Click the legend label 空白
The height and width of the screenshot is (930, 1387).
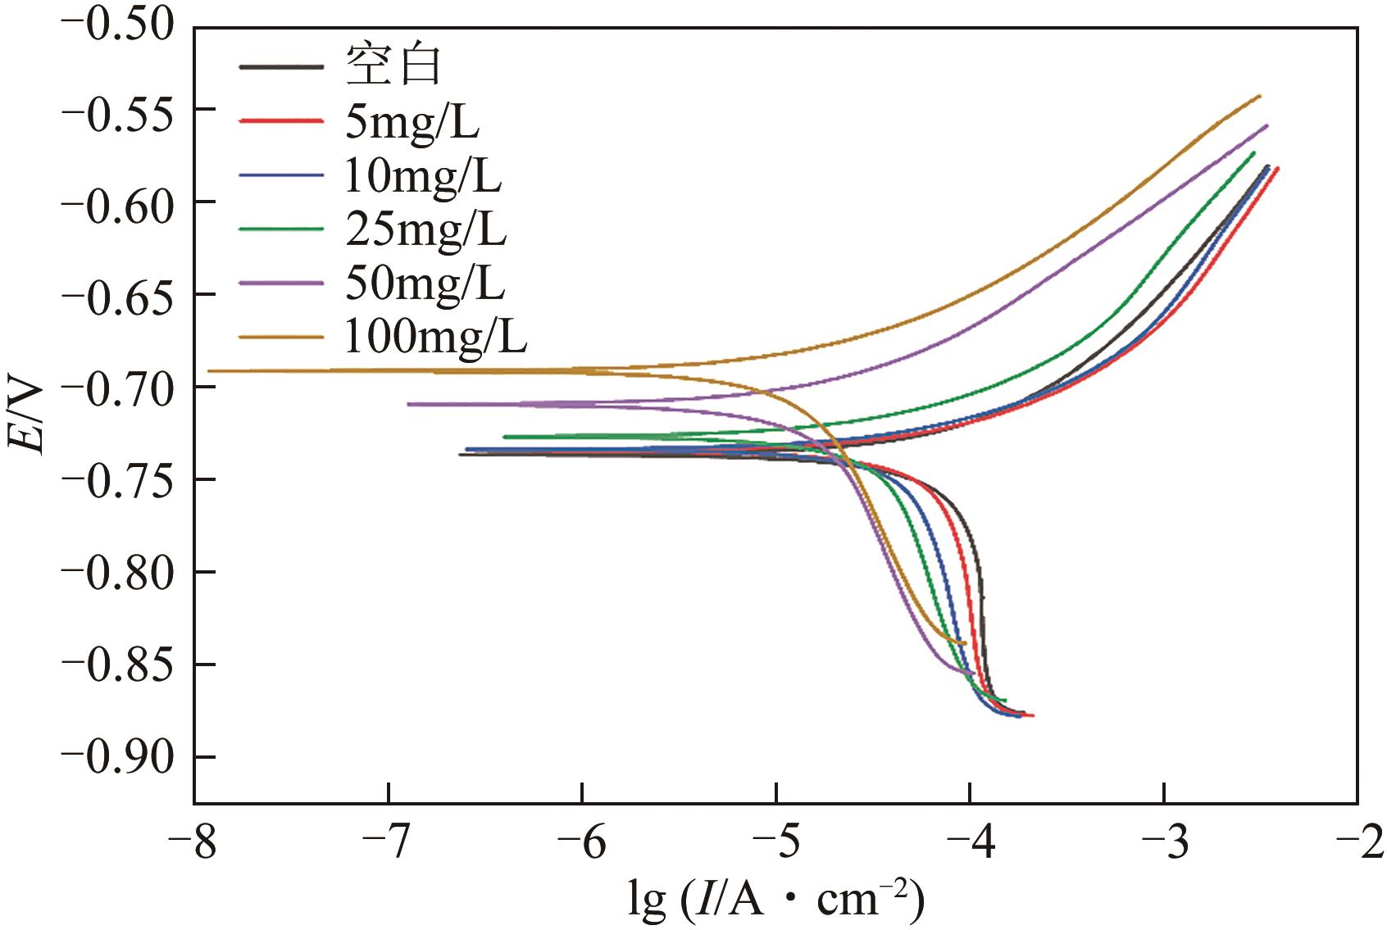[393, 66]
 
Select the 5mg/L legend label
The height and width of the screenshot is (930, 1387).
[412, 121]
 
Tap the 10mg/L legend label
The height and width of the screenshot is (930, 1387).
[422, 175]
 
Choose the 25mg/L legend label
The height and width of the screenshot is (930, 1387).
[425, 229]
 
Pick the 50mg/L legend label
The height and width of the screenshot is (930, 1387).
[425, 284]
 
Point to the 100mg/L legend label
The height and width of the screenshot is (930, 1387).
[435, 337]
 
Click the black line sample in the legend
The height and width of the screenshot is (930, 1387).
[280, 66]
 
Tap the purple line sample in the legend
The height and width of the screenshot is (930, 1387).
[280, 284]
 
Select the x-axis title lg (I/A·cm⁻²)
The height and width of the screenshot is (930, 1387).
[775, 900]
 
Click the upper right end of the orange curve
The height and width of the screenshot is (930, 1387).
[1259, 97]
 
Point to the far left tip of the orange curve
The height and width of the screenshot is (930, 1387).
[210, 370]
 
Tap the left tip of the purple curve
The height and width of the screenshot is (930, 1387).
[409, 404]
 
